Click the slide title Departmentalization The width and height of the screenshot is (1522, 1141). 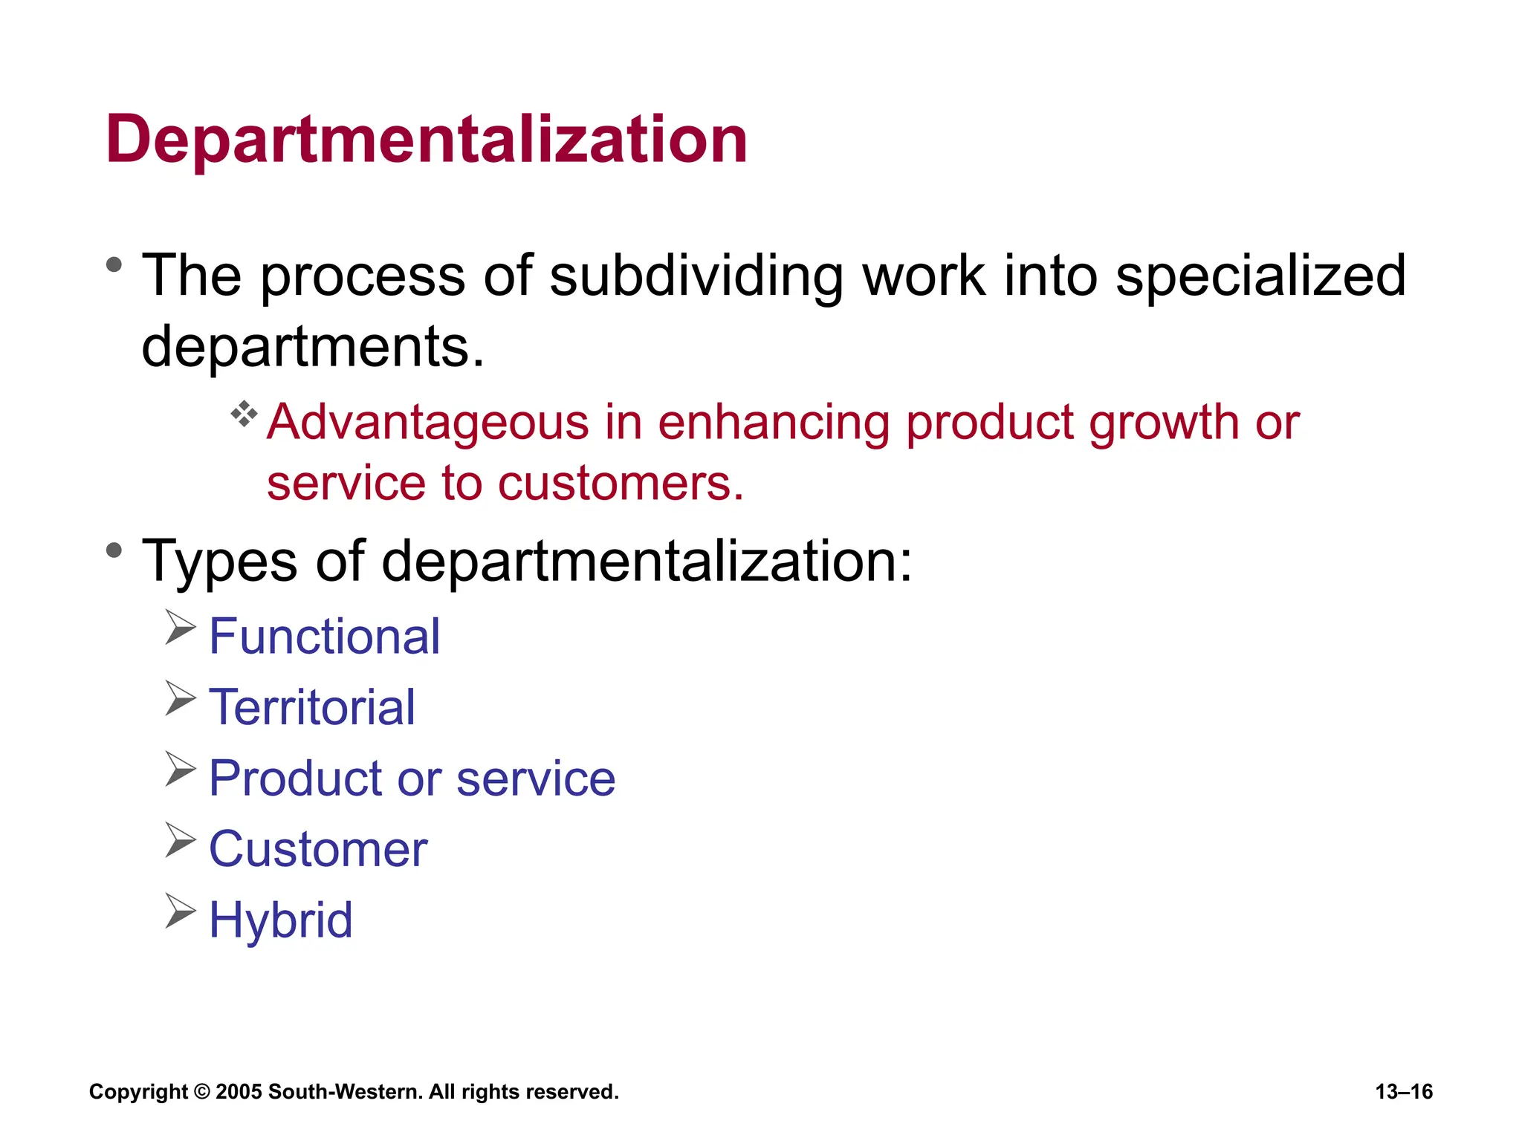coord(427,140)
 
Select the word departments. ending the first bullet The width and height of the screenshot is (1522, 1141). coord(312,347)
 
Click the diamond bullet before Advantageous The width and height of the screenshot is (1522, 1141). coord(244,414)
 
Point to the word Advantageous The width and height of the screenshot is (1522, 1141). coord(428,423)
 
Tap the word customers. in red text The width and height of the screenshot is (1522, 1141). coord(621,484)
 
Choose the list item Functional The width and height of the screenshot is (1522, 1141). coord(325,637)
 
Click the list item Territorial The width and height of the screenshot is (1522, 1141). coord(312,708)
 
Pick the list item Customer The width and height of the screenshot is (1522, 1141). coord(318,850)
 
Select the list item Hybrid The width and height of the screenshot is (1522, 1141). coord(281,920)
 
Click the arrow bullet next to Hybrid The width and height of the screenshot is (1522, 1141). coord(180,911)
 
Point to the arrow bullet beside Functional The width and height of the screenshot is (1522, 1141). coord(180,628)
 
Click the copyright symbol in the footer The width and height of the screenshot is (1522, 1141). coord(201,1092)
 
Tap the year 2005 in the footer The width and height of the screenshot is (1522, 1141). coord(239,1092)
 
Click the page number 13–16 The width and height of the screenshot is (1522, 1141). coord(1403,1092)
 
